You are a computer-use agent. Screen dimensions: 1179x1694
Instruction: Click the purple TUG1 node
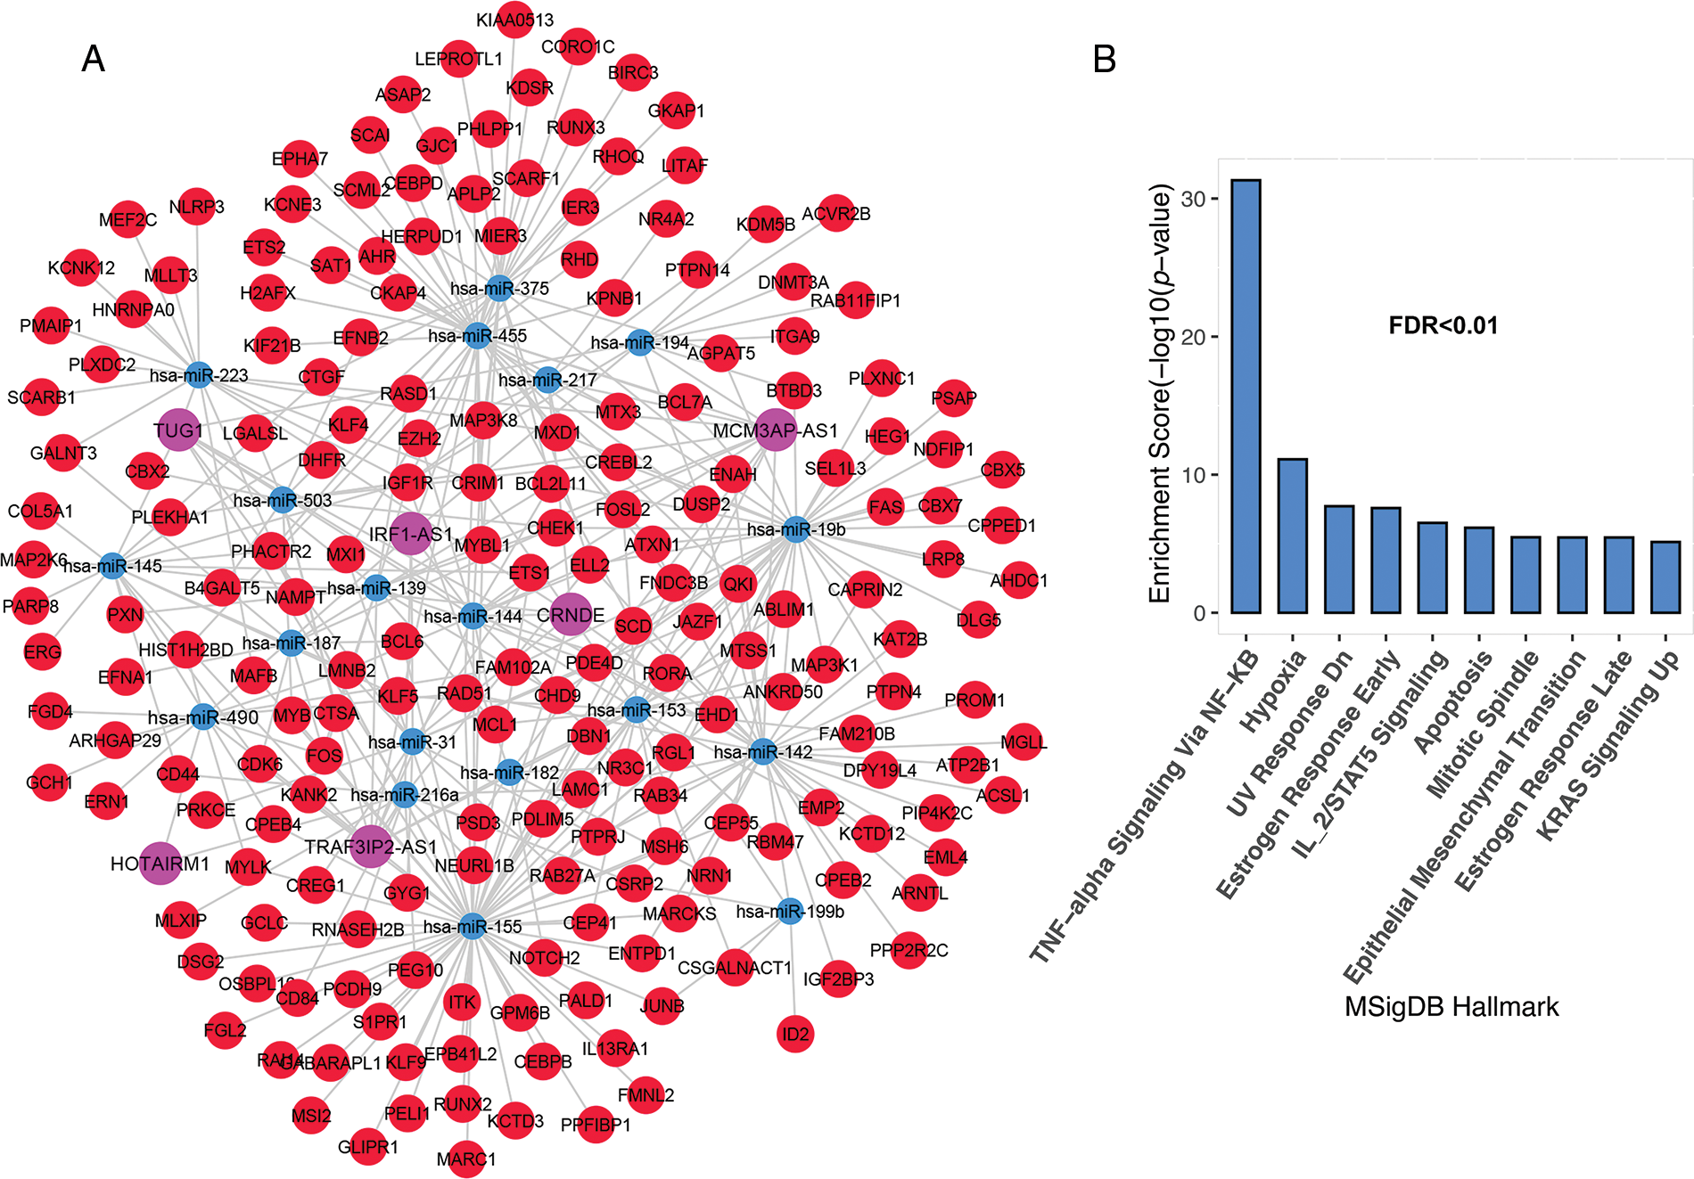point(177,430)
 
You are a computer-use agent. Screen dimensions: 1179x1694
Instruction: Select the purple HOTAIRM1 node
point(160,864)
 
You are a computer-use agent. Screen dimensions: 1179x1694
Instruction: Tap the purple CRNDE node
point(571,615)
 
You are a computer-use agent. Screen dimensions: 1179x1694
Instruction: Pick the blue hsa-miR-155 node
point(473,927)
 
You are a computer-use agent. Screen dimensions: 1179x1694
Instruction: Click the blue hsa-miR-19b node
point(796,529)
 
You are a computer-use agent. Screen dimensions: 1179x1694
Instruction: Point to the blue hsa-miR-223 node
point(198,375)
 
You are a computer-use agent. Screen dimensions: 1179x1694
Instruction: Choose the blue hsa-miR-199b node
point(790,912)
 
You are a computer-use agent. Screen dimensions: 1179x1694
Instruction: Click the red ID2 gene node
point(795,1035)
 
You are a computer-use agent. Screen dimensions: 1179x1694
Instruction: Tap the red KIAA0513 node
point(514,20)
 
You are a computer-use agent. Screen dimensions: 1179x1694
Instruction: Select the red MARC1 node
point(466,1159)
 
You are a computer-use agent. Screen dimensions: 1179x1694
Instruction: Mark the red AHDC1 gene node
point(1019,581)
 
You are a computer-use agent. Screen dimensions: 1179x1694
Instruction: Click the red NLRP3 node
point(196,207)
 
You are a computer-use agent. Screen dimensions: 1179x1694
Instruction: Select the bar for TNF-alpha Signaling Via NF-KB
point(1246,397)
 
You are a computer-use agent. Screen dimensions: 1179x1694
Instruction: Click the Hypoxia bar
point(1292,536)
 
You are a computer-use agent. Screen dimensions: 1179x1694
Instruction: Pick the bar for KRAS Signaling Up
point(1665,577)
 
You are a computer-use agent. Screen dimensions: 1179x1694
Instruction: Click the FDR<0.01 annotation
point(1443,326)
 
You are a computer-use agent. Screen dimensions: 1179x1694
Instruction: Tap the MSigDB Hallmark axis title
point(1451,1007)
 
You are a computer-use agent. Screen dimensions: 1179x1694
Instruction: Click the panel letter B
point(1104,59)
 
